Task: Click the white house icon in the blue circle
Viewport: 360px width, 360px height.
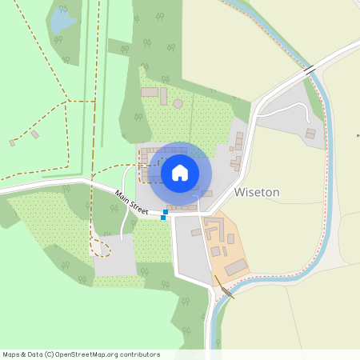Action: [180, 173]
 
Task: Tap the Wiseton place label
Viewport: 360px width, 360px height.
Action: [257, 193]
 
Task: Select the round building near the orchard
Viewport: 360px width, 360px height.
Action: [178, 103]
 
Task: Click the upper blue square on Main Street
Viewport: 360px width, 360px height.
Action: [166, 210]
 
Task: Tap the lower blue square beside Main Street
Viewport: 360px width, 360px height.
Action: [163, 217]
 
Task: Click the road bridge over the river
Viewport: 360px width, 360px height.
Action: [309, 72]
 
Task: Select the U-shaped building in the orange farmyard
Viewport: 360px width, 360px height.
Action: [213, 233]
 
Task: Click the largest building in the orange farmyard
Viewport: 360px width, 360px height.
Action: [237, 267]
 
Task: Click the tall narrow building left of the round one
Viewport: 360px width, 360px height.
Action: [163, 96]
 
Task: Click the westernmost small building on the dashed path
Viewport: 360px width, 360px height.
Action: [12, 142]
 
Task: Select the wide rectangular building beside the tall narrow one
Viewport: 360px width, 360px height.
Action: [149, 92]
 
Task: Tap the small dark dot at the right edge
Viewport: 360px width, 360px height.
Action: [357, 136]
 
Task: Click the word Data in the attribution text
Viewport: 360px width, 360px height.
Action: [33, 354]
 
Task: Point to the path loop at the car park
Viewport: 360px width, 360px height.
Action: [100, 248]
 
